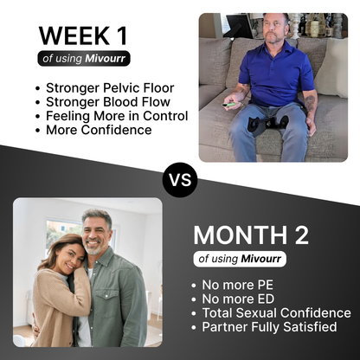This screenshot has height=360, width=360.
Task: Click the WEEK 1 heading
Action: click(x=87, y=35)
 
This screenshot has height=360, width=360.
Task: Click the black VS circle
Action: click(x=180, y=180)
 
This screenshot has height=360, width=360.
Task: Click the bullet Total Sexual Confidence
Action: click(x=275, y=313)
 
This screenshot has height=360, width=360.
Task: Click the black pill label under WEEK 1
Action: click(x=85, y=59)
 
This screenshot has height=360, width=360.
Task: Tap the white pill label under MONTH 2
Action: click(x=239, y=259)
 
